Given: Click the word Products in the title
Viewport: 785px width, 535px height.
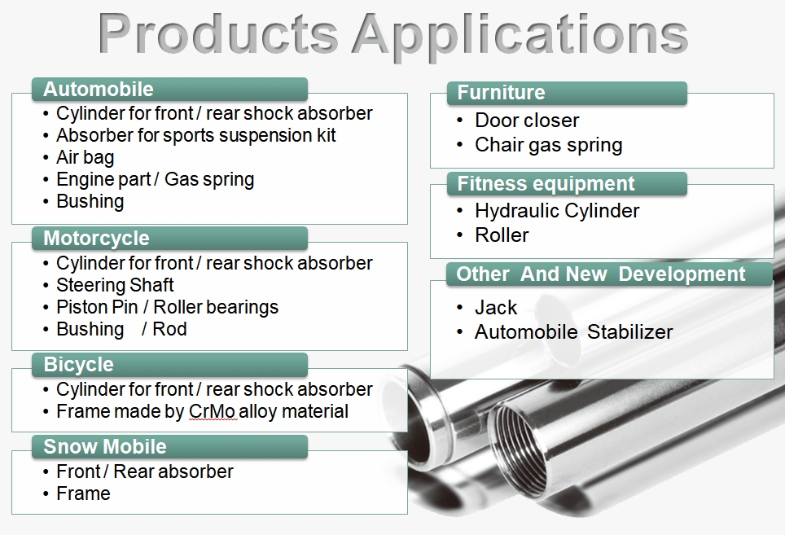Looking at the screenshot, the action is (x=218, y=33).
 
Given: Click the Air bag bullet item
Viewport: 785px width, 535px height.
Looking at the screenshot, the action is (x=86, y=157).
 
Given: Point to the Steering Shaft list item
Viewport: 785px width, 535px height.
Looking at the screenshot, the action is (x=115, y=285).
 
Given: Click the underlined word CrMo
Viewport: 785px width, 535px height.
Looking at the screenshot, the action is (x=212, y=411).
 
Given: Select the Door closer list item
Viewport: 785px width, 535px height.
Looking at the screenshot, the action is (x=527, y=121).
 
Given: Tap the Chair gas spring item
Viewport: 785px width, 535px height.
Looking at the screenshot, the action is (x=549, y=145).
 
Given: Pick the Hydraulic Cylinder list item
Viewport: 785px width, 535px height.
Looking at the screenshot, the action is (x=557, y=211).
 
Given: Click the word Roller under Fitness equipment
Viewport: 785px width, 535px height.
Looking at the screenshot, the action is (x=502, y=235).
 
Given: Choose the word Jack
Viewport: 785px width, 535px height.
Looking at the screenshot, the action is (x=496, y=307).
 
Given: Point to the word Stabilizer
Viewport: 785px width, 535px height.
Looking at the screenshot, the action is (x=629, y=331).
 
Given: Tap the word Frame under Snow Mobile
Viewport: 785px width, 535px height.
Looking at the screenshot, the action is (x=83, y=493).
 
